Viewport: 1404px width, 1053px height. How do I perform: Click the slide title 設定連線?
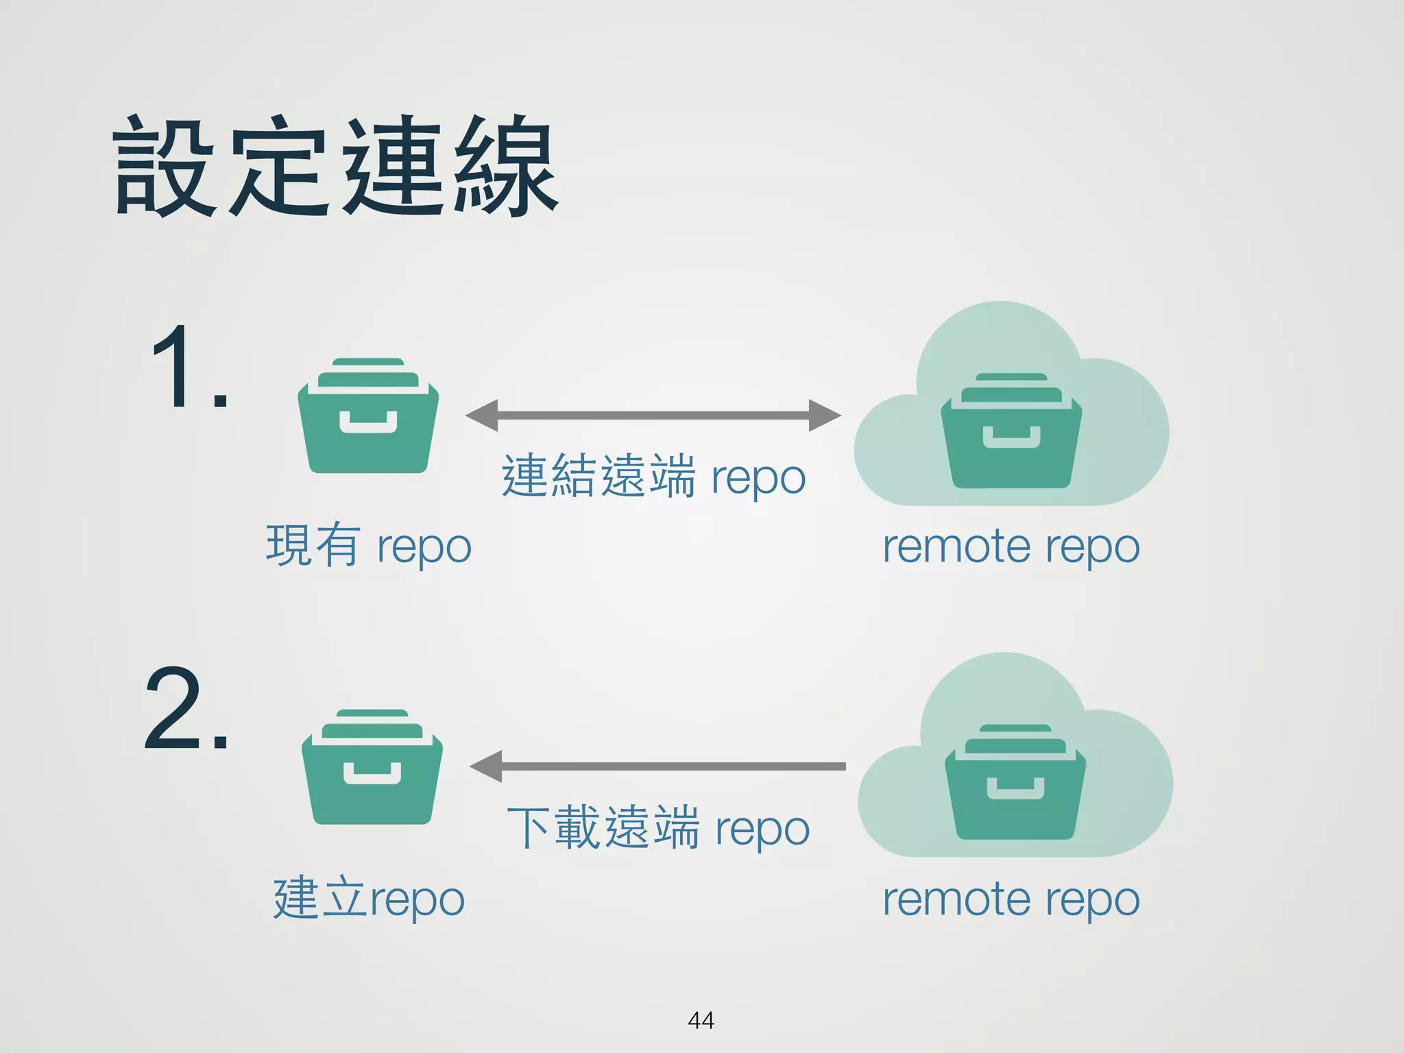click(x=336, y=167)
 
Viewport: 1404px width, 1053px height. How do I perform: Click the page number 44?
click(x=701, y=1020)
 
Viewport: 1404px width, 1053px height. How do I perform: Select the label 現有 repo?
click(x=369, y=546)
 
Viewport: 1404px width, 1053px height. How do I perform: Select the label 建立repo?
click(x=369, y=899)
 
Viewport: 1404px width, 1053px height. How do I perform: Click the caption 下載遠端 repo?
click(x=658, y=828)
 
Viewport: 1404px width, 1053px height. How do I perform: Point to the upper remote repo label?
click(x=1011, y=547)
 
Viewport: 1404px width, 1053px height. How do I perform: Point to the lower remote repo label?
click(x=1011, y=899)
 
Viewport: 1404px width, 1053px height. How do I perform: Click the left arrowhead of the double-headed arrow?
click(x=482, y=415)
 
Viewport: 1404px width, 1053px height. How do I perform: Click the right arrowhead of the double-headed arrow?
click(x=824, y=415)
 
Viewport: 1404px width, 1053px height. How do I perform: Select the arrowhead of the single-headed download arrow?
click(x=486, y=766)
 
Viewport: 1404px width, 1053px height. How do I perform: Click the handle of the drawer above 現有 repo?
click(x=368, y=423)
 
